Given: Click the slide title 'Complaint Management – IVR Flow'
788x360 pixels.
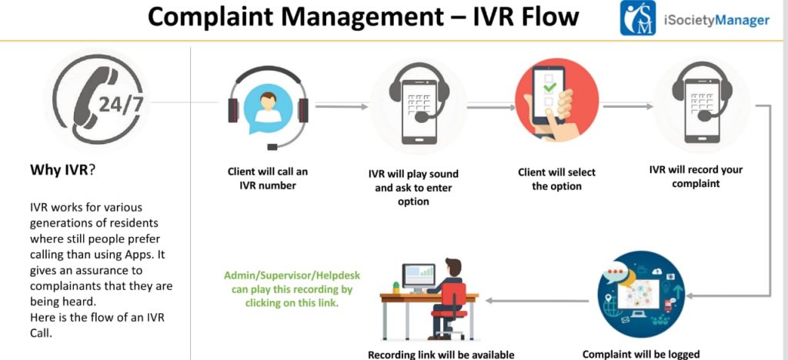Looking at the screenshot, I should tap(362, 17).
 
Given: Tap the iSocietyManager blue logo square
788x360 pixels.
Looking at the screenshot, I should tap(638, 18).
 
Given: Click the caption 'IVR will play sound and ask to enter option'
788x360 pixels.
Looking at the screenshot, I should tap(413, 188).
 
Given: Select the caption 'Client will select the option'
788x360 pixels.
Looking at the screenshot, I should tap(556, 179).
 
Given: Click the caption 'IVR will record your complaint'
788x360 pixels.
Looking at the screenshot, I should tap(696, 176).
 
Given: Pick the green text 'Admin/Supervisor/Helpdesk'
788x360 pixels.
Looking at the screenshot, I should tap(292, 275).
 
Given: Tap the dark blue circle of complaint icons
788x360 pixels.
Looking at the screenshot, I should tap(640, 295).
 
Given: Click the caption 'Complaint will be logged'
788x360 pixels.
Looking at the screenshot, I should tap(641, 354).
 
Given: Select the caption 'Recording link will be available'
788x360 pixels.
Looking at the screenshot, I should tap(440, 355).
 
